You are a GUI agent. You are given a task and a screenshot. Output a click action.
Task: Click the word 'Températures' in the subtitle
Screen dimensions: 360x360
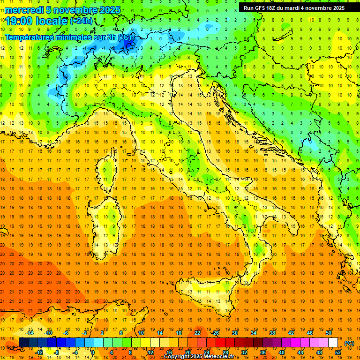point(30,37)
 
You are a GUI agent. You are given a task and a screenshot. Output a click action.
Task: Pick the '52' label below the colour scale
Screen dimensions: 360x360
point(337,352)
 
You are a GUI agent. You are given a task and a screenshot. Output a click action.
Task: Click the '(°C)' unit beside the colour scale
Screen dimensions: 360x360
point(349,343)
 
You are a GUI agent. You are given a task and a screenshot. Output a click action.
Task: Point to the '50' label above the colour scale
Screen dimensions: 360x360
point(329,333)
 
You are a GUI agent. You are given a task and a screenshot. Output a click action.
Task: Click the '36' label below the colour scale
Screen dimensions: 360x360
point(262,352)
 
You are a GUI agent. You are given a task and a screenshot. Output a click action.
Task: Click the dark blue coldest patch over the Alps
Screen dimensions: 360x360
point(127,45)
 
